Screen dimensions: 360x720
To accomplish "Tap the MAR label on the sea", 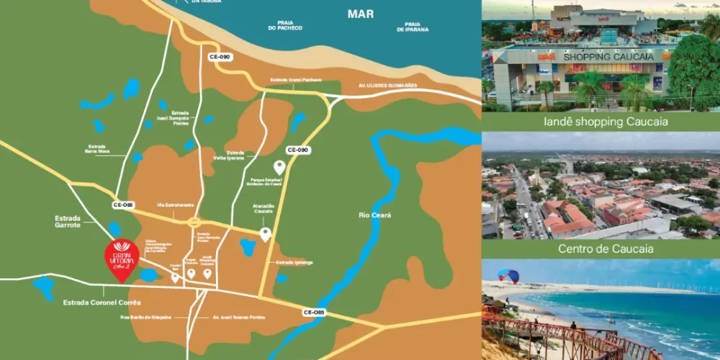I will point(361,14).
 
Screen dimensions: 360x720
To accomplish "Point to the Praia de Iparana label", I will point(413,26).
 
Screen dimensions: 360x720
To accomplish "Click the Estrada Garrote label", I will point(68,222).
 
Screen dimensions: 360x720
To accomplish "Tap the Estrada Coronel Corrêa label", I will point(102,302).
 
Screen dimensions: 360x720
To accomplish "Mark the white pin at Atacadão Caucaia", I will point(265,233).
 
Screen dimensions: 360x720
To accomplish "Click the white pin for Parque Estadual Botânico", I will point(279,167).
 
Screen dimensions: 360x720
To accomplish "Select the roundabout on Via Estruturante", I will point(193,223).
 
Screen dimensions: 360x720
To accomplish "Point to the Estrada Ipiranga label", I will point(294,263).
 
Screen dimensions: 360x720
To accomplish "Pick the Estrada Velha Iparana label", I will point(235,156).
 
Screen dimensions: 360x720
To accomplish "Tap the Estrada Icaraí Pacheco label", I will point(296,79).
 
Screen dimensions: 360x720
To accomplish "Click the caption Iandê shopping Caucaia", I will point(601,122).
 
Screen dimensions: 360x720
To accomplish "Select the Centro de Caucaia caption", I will point(601,249).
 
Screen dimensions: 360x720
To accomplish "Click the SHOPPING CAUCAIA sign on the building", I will point(598,57).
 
